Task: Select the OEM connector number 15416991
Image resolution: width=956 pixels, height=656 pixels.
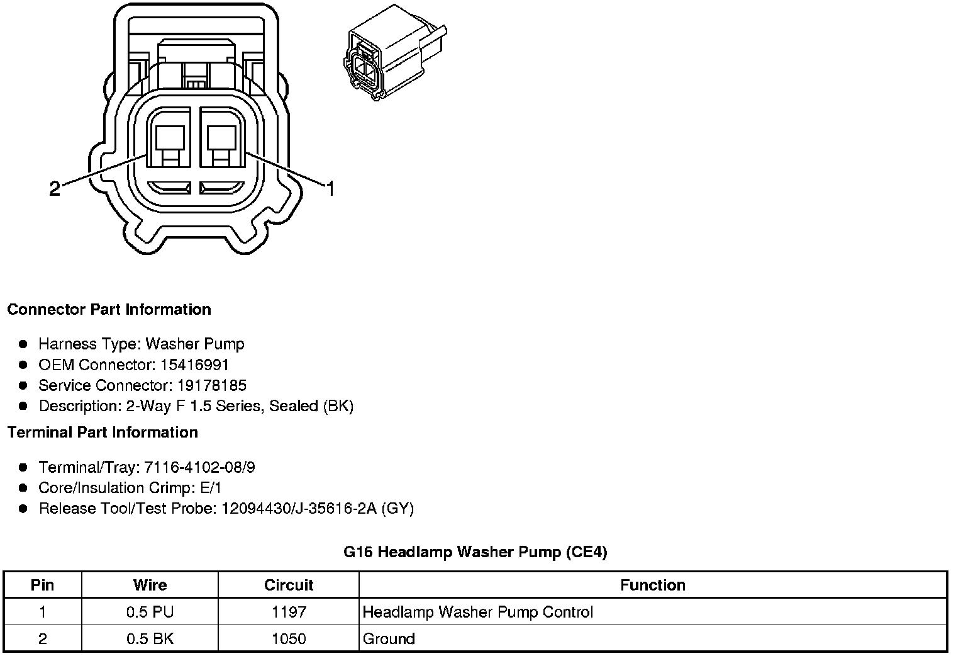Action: point(194,365)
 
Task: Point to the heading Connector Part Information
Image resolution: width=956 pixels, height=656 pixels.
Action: point(109,310)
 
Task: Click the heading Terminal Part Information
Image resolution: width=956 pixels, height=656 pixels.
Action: point(103,433)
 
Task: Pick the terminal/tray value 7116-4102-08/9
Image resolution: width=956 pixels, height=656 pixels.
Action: point(199,467)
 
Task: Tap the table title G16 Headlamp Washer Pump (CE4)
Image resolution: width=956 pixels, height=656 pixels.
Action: point(475,552)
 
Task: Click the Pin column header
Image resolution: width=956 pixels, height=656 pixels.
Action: point(42,585)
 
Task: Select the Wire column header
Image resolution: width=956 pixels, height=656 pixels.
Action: point(150,585)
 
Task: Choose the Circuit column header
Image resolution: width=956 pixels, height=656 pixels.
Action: point(289,585)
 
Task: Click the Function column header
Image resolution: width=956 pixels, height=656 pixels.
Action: point(652,585)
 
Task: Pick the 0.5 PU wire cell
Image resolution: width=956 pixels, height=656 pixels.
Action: point(150,612)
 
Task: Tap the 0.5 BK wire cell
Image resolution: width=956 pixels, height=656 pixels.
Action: point(150,639)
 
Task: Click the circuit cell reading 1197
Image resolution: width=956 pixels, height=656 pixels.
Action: point(289,612)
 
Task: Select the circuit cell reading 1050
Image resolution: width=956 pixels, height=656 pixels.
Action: point(289,639)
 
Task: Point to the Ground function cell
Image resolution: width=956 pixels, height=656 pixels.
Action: point(389,639)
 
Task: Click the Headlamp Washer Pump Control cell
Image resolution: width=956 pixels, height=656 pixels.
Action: point(478,612)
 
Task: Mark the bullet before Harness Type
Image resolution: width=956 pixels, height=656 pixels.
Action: point(23,344)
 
